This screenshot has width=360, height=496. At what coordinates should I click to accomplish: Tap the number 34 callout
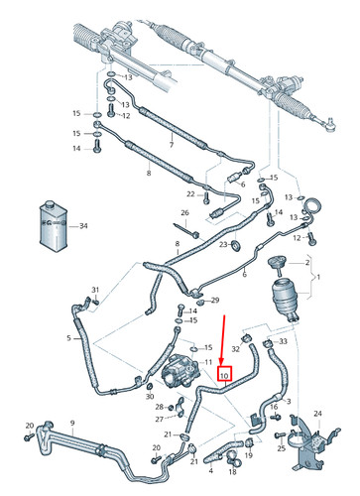pos(83,227)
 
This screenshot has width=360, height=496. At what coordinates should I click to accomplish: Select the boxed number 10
pos(224,376)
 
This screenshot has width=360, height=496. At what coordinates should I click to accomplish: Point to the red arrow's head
pos(224,363)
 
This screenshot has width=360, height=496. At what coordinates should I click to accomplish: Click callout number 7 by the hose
pos(173,145)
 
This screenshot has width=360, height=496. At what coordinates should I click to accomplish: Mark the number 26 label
pos(184,213)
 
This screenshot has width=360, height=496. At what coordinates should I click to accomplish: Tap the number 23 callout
pos(223,244)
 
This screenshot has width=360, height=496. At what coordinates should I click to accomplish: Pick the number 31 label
pos(96,290)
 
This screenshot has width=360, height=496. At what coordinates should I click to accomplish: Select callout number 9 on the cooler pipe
pos(71,424)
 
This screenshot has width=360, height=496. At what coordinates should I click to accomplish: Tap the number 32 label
pos(236,348)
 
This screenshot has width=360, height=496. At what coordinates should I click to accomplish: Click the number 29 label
pos(215,300)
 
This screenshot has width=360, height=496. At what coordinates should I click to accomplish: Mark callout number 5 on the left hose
pos(68,338)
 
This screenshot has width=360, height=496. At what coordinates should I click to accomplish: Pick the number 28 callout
pos(160,407)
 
